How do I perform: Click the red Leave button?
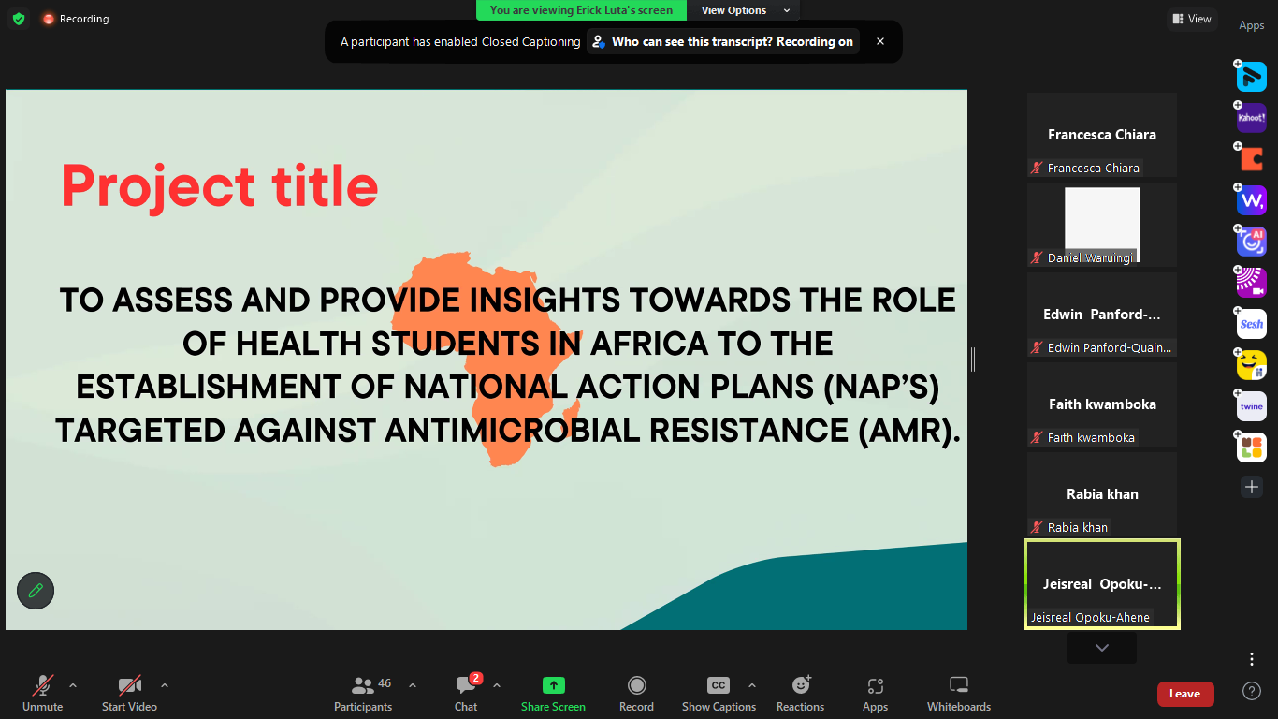pyautogui.click(x=1184, y=694)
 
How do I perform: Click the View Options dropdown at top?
pyautogui.click(x=744, y=10)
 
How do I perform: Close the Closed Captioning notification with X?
pyautogui.click(x=879, y=41)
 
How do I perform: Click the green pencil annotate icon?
pyautogui.click(x=36, y=591)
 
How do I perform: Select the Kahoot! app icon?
pyautogui.click(x=1251, y=118)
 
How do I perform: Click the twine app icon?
pyautogui.click(x=1251, y=406)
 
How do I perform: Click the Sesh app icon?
pyautogui.click(x=1251, y=324)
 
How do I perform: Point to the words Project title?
pyautogui.click(x=220, y=186)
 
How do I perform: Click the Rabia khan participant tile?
pyautogui.click(x=1101, y=494)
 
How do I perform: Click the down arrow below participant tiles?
pyautogui.click(x=1101, y=648)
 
